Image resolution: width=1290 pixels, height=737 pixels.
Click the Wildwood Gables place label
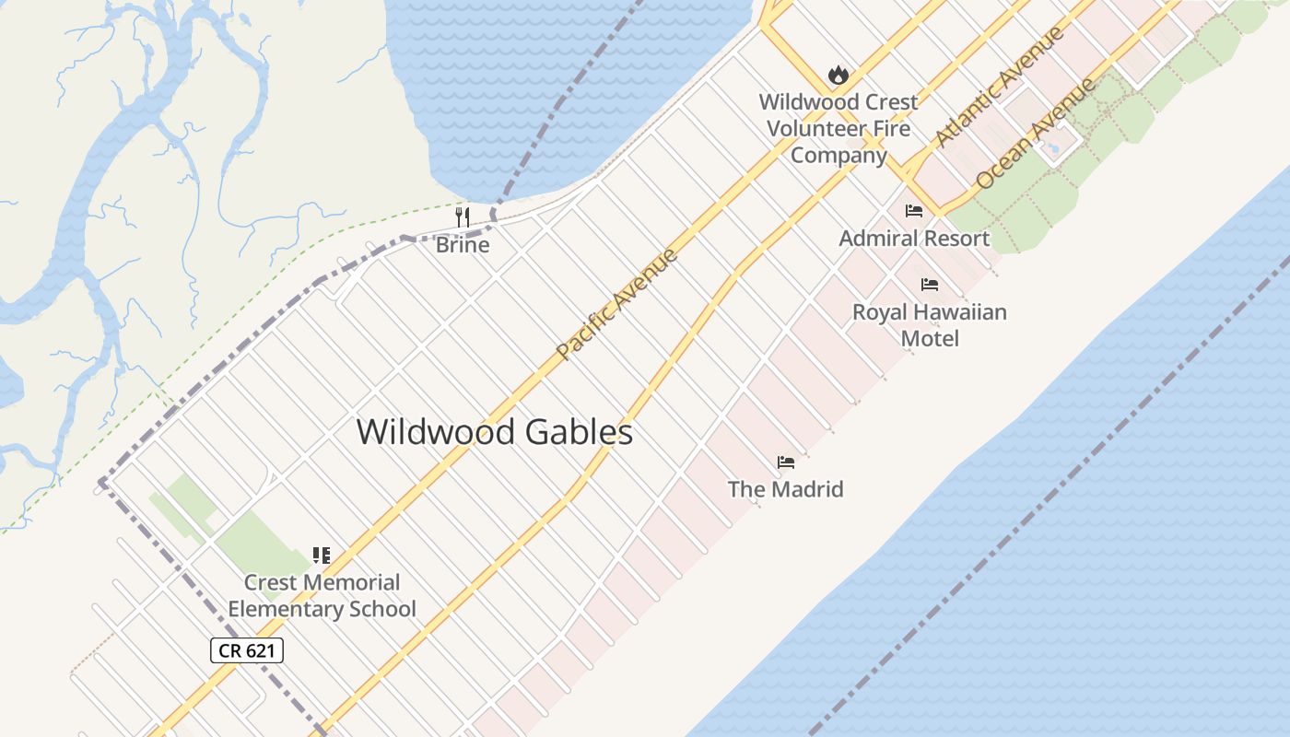[494, 432]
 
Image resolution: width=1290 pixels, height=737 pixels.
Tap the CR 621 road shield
[247, 650]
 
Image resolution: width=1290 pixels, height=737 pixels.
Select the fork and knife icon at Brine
[463, 217]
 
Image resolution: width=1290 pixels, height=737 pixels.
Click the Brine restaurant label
[463, 245]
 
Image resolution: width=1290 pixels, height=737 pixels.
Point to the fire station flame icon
[838, 75]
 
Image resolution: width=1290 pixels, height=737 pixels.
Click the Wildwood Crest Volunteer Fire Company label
[838, 128]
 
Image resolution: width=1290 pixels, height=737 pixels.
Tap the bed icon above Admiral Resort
[914, 211]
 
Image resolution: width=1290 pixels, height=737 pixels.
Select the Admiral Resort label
[914, 238]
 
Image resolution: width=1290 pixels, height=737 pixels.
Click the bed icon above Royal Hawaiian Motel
[930, 285]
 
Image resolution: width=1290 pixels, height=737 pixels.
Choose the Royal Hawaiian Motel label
[930, 324]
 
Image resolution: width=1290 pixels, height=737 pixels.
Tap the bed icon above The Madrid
[786, 462]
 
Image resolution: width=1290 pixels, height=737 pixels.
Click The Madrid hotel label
[786, 488]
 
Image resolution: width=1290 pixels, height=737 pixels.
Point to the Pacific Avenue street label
[618, 303]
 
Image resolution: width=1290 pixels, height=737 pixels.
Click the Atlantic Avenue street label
[1001, 86]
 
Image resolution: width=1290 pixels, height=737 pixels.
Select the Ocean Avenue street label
[1037, 135]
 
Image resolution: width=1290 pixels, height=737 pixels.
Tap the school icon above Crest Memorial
[321, 555]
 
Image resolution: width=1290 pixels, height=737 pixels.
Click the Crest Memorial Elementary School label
[322, 595]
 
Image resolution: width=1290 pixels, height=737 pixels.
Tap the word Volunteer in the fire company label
[838, 128]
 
